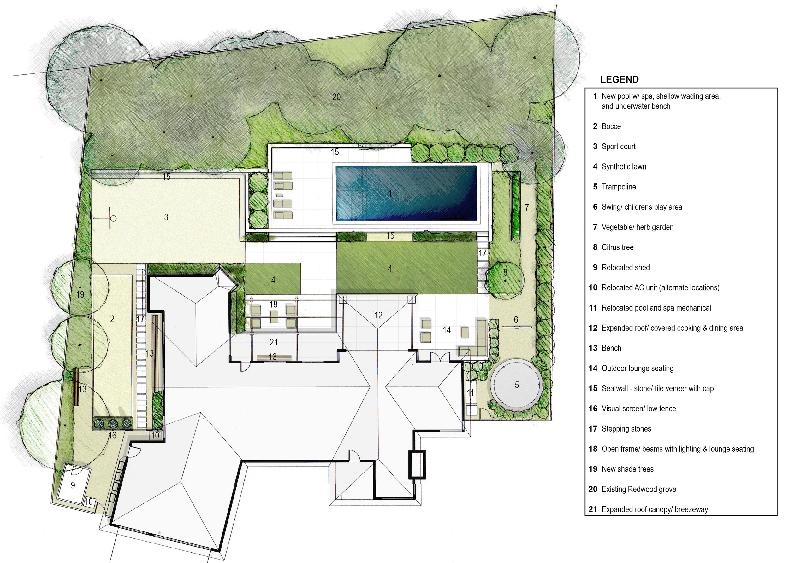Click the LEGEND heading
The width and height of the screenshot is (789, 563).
click(x=619, y=79)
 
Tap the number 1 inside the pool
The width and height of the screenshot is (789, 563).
click(x=390, y=194)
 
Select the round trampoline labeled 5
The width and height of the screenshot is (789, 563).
click(x=516, y=384)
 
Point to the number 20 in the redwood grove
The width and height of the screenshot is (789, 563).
click(x=336, y=97)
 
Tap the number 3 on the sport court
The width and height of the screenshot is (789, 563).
click(x=166, y=217)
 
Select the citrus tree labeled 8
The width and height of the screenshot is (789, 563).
click(x=505, y=278)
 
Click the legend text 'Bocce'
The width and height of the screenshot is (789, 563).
click(x=611, y=126)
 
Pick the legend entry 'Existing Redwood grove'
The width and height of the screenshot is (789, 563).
click(x=639, y=489)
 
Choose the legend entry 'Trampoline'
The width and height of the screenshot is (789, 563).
click(x=619, y=187)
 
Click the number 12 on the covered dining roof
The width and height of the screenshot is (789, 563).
click(x=378, y=315)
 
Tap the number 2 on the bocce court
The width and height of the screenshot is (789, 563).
click(x=112, y=319)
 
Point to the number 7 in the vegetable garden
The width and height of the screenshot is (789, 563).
click(x=527, y=207)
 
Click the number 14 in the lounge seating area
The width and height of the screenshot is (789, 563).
click(x=447, y=330)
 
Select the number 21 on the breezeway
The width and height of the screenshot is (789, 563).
click(x=274, y=342)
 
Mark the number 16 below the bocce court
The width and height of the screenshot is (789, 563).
click(x=112, y=435)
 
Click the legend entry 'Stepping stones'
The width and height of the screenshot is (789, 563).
click(x=626, y=429)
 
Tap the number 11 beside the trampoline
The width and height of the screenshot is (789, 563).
click(x=470, y=392)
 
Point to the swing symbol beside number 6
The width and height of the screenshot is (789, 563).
click(x=516, y=327)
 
